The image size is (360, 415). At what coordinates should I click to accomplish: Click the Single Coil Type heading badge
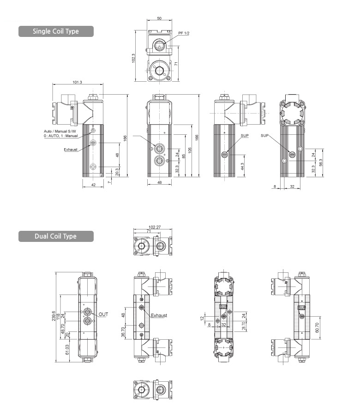click(56, 31)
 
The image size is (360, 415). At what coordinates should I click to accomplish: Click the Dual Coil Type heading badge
click(56, 236)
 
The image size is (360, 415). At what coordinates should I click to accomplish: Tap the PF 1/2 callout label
click(184, 33)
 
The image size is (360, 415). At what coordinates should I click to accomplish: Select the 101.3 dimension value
click(77, 82)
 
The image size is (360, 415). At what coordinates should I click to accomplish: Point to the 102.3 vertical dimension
click(133, 58)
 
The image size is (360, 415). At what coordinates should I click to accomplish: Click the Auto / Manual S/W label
click(60, 131)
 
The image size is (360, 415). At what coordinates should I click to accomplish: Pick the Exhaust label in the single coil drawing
click(71, 150)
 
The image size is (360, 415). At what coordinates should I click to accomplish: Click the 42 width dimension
click(93, 185)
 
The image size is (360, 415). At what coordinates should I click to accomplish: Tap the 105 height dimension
click(190, 150)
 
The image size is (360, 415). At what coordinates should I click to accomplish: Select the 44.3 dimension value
click(242, 166)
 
